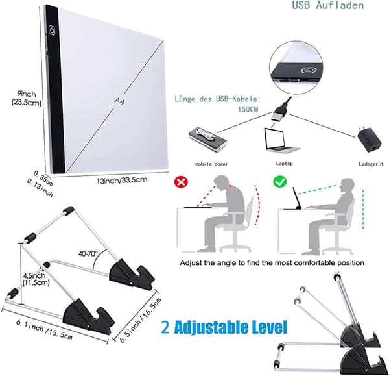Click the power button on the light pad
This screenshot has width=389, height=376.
pos(52,31)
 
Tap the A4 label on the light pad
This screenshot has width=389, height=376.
pos(119,101)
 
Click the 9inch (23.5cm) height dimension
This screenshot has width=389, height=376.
pos(27,98)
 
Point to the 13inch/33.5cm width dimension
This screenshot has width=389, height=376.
pos(122,180)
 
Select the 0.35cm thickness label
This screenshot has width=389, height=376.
pos(43,178)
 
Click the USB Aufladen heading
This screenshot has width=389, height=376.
pos(327,5)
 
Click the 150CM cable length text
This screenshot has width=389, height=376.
pos(248,109)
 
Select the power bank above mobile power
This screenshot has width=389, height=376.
pos(207,140)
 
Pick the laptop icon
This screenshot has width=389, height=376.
pos(281,141)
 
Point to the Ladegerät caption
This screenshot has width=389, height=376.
pos(371,164)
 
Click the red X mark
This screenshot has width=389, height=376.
pos(181,182)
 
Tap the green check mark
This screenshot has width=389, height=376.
pos(280,182)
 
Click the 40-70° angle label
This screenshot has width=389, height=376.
pos(88,253)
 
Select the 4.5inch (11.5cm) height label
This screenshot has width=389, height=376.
pos(35,279)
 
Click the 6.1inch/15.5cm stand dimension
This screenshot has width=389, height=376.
pos(44,329)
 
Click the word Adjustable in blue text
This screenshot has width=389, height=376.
pos(212,327)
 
